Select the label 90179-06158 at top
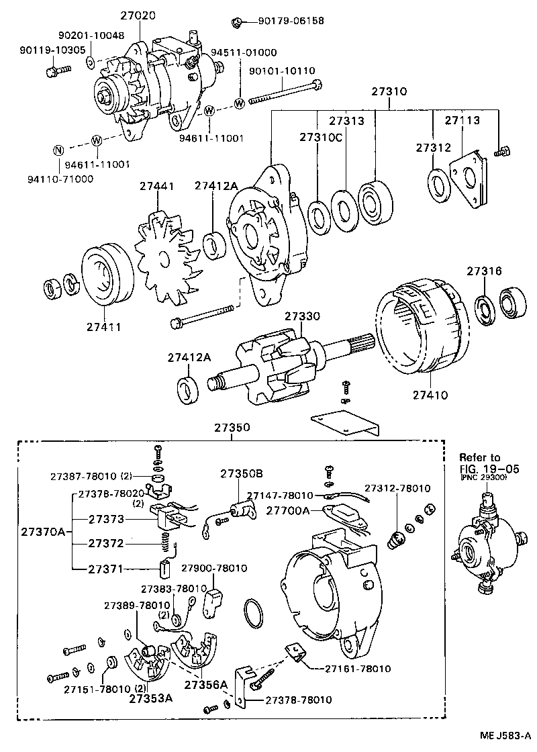[x=291, y=21]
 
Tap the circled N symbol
[x=58, y=150]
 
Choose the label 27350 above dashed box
[x=232, y=427]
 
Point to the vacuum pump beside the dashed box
[x=487, y=544]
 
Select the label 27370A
[x=42, y=532]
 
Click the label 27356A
[x=207, y=685]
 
